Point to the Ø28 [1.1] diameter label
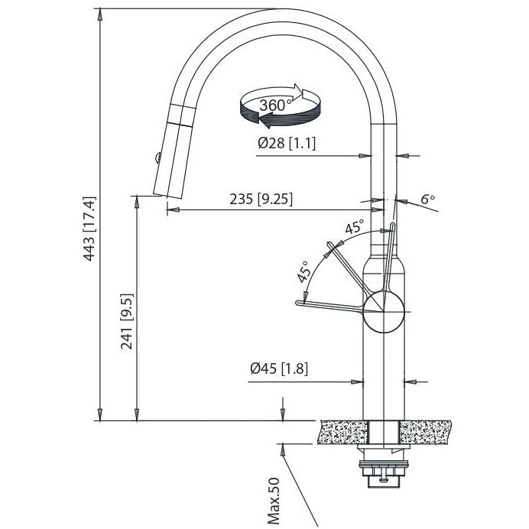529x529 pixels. click(x=287, y=143)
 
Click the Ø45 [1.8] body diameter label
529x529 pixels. click(x=278, y=369)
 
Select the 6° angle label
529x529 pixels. click(x=427, y=200)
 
